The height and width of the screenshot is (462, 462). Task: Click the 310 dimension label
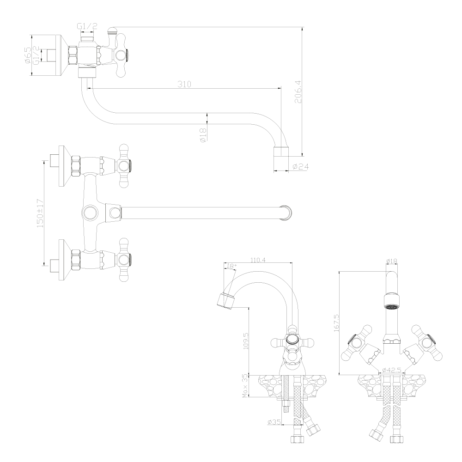tap(184, 84)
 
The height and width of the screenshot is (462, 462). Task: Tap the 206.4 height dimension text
tap(298, 91)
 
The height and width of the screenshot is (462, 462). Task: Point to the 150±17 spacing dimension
tap(40, 213)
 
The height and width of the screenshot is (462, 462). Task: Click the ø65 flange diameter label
tap(27, 55)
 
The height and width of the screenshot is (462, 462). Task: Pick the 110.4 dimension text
tap(258, 260)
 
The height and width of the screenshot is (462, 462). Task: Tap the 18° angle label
tap(231, 266)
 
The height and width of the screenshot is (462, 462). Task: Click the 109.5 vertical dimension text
tap(246, 341)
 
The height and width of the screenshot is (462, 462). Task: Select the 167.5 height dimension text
tap(336, 323)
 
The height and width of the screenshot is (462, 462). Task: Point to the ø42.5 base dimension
tap(392, 370)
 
